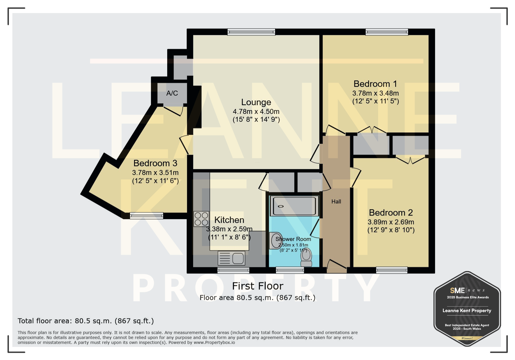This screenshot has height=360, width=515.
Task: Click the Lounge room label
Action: click(256, 102)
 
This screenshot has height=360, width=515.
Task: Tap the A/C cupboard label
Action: click(172, 93)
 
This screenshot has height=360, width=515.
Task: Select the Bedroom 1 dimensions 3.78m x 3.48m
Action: click(375, 93)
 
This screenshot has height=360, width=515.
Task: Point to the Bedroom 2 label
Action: click(391, 213)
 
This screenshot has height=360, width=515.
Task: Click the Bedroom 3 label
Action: click(155, 163)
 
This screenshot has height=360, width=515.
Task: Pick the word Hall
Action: click(336, 201)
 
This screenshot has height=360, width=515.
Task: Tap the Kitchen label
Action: click(229, 220)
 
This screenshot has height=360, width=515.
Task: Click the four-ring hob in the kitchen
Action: click(201, 219)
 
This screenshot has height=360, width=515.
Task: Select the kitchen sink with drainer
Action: click(231, 258)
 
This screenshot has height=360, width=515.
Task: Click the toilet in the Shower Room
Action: click(306, 257)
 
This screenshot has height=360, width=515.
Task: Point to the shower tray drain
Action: click(281, 206)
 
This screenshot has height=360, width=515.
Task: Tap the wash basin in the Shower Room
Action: click(276, 241)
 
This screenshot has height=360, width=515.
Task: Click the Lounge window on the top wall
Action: click(251, 32)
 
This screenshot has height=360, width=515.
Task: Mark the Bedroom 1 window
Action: click(387, 32)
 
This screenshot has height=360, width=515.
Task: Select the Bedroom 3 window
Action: click(147, 216)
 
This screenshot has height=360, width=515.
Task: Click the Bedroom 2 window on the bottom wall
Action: click(392, 270)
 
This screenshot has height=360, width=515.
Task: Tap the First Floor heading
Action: click(258, 286)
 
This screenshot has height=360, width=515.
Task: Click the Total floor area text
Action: click(86, 321)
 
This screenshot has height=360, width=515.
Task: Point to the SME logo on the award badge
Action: click(457, 291)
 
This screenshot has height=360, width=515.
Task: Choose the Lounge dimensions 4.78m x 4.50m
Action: click(256, 112)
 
